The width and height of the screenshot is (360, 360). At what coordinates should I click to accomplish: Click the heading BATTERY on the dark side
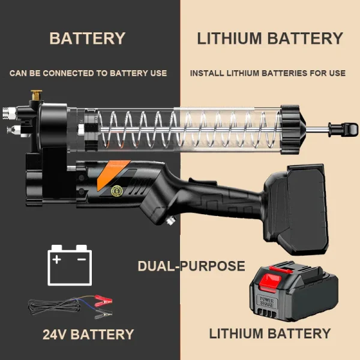(87, 38)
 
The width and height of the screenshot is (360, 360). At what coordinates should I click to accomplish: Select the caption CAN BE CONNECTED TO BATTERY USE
(88, 73)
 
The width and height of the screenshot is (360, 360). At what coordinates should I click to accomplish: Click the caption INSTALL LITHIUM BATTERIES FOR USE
(268, 73)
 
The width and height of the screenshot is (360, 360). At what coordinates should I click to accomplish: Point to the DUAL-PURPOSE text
(191, 266)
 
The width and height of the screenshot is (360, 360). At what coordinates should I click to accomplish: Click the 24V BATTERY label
(88, 334)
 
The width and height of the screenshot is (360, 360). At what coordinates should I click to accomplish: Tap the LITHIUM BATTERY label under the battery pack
(269, 334)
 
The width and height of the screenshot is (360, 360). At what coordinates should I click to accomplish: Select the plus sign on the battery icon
(58, 260)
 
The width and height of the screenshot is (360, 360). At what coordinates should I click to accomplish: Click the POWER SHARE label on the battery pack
(265, 298)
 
